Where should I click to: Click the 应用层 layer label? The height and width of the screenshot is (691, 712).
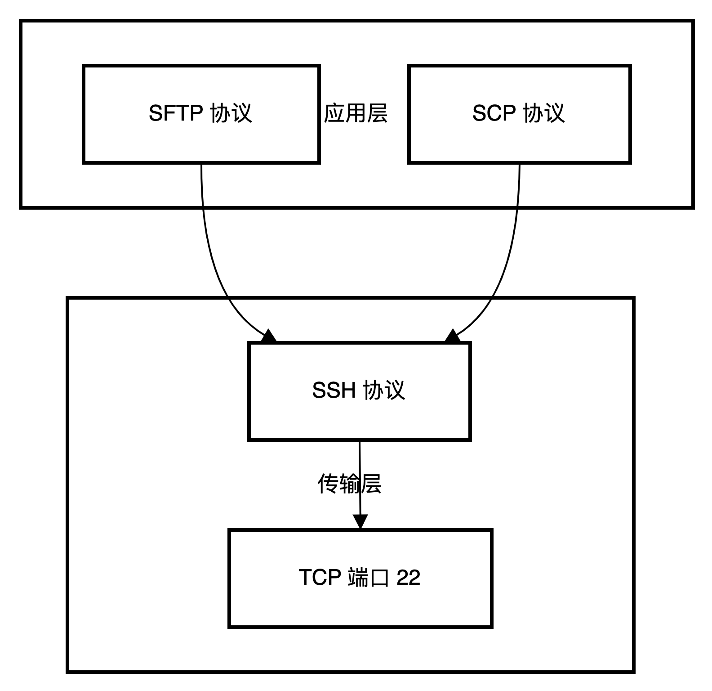[356, 113]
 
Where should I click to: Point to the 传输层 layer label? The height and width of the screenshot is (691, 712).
[349, 484]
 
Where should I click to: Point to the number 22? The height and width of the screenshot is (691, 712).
[408, 577]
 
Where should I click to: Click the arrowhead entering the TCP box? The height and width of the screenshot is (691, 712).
[360, 522]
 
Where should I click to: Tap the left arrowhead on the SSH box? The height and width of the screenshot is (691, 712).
[268, 336]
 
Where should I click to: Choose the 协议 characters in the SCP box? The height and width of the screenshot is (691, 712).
[544, 113]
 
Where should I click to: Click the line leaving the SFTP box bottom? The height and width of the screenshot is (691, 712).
[202, 184]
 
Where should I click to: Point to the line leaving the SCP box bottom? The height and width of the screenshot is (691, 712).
[519, 184]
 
